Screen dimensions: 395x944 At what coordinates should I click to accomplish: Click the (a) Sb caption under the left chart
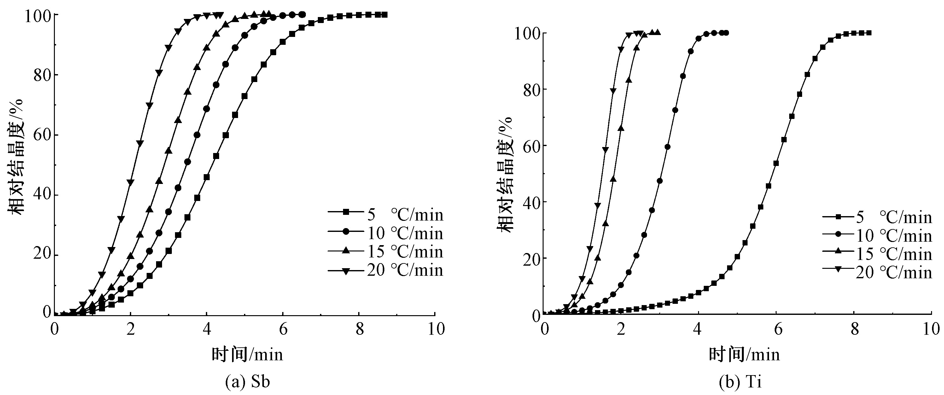pyautogui.click(x=248, y=381)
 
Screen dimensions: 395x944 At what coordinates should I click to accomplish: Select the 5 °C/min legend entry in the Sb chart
pyautogui.click(x=386, y=215)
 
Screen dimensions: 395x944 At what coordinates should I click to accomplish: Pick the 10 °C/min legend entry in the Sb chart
pyautogui.click(x=386, y=233)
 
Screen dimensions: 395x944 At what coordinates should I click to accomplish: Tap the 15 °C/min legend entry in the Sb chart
pyautogui.click(x=386, y=251)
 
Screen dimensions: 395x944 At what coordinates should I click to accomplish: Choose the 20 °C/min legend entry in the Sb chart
pyautogui.click(x=386, y=270)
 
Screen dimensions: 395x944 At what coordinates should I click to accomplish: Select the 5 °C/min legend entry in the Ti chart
pyautogui.click(x=877, y=217)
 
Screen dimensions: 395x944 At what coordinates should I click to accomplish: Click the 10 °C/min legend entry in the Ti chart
pyautogui.click(x=877, y=235)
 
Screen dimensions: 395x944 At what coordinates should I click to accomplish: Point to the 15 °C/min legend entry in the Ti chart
pyautogui.click(x=877, y=254)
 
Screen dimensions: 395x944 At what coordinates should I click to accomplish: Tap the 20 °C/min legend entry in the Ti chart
pyautogui.click(x=877, y=273)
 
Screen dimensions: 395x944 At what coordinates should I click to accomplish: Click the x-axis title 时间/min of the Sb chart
pyautogui.click(x=248, y=355)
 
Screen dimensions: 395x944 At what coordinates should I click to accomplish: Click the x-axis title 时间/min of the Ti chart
pyautogui.click(x=744, y=355)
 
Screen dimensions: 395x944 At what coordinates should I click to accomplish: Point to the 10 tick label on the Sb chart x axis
pyautogui.click(x=436, y=329)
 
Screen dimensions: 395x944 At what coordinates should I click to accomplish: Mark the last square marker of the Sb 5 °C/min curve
pyautogui.click(x=384, y=15)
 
